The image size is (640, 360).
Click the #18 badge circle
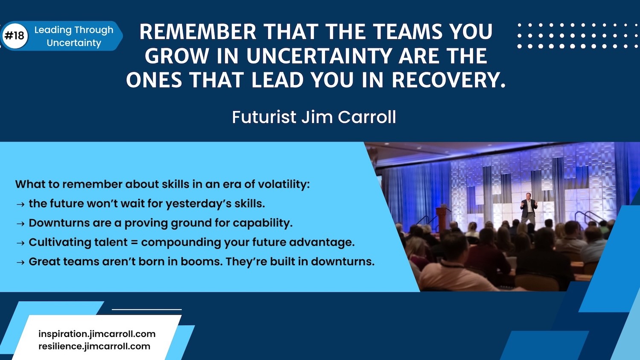pos(15,36)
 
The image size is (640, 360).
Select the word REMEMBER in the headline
pos(198,32)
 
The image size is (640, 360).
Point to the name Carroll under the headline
pos(367,117)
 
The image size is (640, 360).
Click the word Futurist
pos(264,117)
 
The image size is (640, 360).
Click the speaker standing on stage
pos(529,208)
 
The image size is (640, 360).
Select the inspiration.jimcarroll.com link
pos(97,334)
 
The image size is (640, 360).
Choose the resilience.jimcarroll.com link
pos(94,346)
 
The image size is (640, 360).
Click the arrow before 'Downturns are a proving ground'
pos(20,224)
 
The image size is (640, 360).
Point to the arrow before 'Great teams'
pos(20,262)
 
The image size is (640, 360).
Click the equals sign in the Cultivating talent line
pos(134,242)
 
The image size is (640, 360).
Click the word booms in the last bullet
pos(201,261)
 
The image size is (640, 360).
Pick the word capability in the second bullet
pos(262,223)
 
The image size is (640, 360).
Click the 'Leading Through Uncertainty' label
pos(74,36)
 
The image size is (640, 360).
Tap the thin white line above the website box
pos(147,309)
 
